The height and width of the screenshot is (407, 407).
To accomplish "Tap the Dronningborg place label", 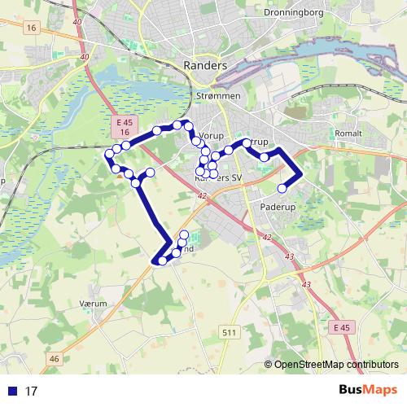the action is click(295, 13).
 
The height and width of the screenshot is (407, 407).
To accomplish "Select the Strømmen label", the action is click(219, 96).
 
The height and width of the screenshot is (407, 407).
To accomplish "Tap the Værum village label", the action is click(94, 301).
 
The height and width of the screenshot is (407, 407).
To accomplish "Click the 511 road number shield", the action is click(229, 331).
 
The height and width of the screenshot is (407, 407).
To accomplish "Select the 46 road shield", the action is click(55, 358).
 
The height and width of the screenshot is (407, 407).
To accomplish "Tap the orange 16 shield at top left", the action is click(32, 28).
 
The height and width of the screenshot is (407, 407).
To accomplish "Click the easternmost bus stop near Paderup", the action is click(282, 189).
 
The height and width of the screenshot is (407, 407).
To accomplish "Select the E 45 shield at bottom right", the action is click(344, 326).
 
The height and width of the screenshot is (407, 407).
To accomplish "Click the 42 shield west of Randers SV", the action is click(201, 195).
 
